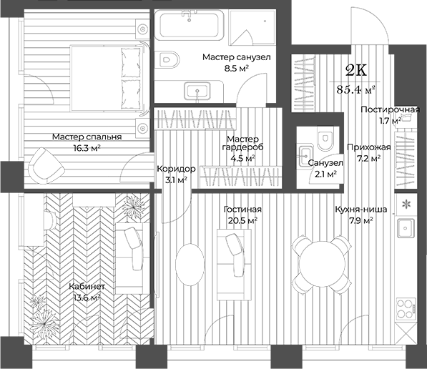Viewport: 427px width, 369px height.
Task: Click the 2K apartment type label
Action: pyautogui.click(x=355, y=70)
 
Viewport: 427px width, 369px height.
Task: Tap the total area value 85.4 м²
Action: pyautogui.click(x=355, y=89)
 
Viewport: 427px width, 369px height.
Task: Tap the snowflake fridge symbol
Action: pyautogui.click(x=406, y=205)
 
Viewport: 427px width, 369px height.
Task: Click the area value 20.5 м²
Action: pyautogui.click(x=241, y=221)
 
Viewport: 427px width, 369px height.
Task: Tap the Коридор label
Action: pyautogui.click(x=175, y=169)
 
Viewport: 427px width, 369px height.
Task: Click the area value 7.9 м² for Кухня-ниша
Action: pyautogui.click(x=361, y=221)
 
